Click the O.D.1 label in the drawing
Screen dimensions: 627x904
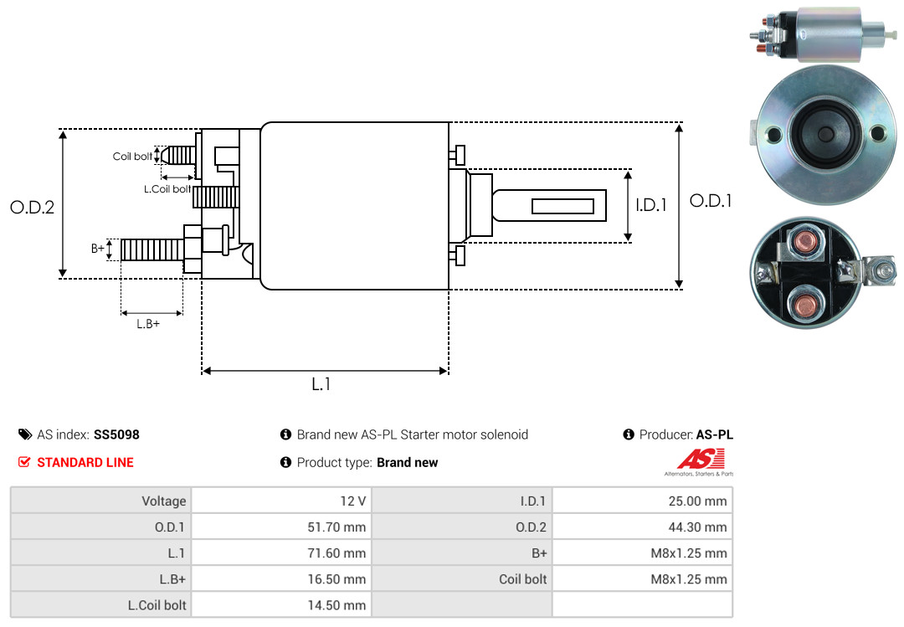710,201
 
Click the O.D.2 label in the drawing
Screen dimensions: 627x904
32,207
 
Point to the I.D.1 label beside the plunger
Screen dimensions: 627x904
650,204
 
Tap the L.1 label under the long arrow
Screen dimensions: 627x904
321,384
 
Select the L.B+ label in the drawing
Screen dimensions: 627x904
148,324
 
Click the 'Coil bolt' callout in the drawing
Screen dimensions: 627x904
132,157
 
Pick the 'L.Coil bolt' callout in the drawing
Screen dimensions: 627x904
167,189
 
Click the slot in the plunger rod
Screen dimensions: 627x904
563,206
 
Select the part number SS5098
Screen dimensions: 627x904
116,434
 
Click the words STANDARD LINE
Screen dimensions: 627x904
85,462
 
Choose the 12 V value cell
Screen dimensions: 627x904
281,501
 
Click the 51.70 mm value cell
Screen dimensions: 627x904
281,527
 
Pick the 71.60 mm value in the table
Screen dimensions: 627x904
281,553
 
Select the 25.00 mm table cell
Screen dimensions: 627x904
642,501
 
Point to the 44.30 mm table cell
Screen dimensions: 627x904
642,527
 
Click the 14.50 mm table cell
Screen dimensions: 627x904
281,604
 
